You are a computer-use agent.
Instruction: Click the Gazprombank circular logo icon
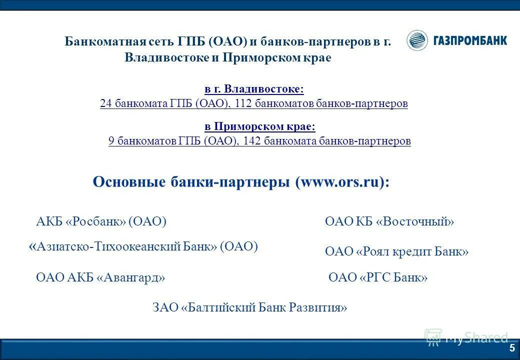coord(417,40)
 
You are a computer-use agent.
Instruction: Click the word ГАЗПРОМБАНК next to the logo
coord(470,40)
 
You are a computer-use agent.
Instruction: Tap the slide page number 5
coord(511,348)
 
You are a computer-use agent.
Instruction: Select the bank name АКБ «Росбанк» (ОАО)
coord(101,221)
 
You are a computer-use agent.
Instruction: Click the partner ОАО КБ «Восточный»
coord(389,221)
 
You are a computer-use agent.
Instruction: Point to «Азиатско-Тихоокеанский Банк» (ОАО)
coord(143,246)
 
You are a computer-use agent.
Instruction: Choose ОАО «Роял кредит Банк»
coord(396,251)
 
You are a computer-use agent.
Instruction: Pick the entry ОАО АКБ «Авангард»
coord(100,277)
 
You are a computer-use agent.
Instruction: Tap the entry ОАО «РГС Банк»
coord(378,277)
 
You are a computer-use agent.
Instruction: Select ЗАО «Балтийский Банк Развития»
coord(249,307)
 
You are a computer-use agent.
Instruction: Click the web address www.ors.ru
coord(338,182)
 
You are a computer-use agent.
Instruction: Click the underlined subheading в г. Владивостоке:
coord(254,89)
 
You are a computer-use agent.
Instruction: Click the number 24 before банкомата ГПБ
coord(105,103)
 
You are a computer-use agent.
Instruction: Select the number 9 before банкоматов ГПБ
coord(111,141)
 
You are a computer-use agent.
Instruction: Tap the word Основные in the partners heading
coord(125,182)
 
